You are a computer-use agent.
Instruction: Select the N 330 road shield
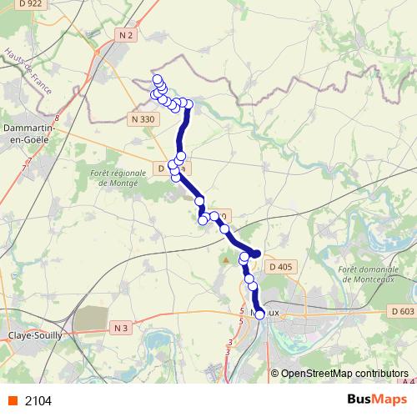click(x=143, y=119)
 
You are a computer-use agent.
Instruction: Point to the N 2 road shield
click(x=127, y=35)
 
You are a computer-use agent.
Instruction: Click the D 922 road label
click(x=26, y=5)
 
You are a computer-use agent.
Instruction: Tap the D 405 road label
click(x=281, y=267)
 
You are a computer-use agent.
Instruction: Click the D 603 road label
click(x=401, y=311)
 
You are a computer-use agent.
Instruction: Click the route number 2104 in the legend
click(x=38, y=400)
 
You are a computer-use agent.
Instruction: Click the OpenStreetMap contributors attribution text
click(x=344, y=373)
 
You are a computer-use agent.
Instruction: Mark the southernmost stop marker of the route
click(x=259, y=314)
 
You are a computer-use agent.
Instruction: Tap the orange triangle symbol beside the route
click(x=225, y=260)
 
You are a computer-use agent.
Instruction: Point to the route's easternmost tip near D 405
click(x=258, y=254)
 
